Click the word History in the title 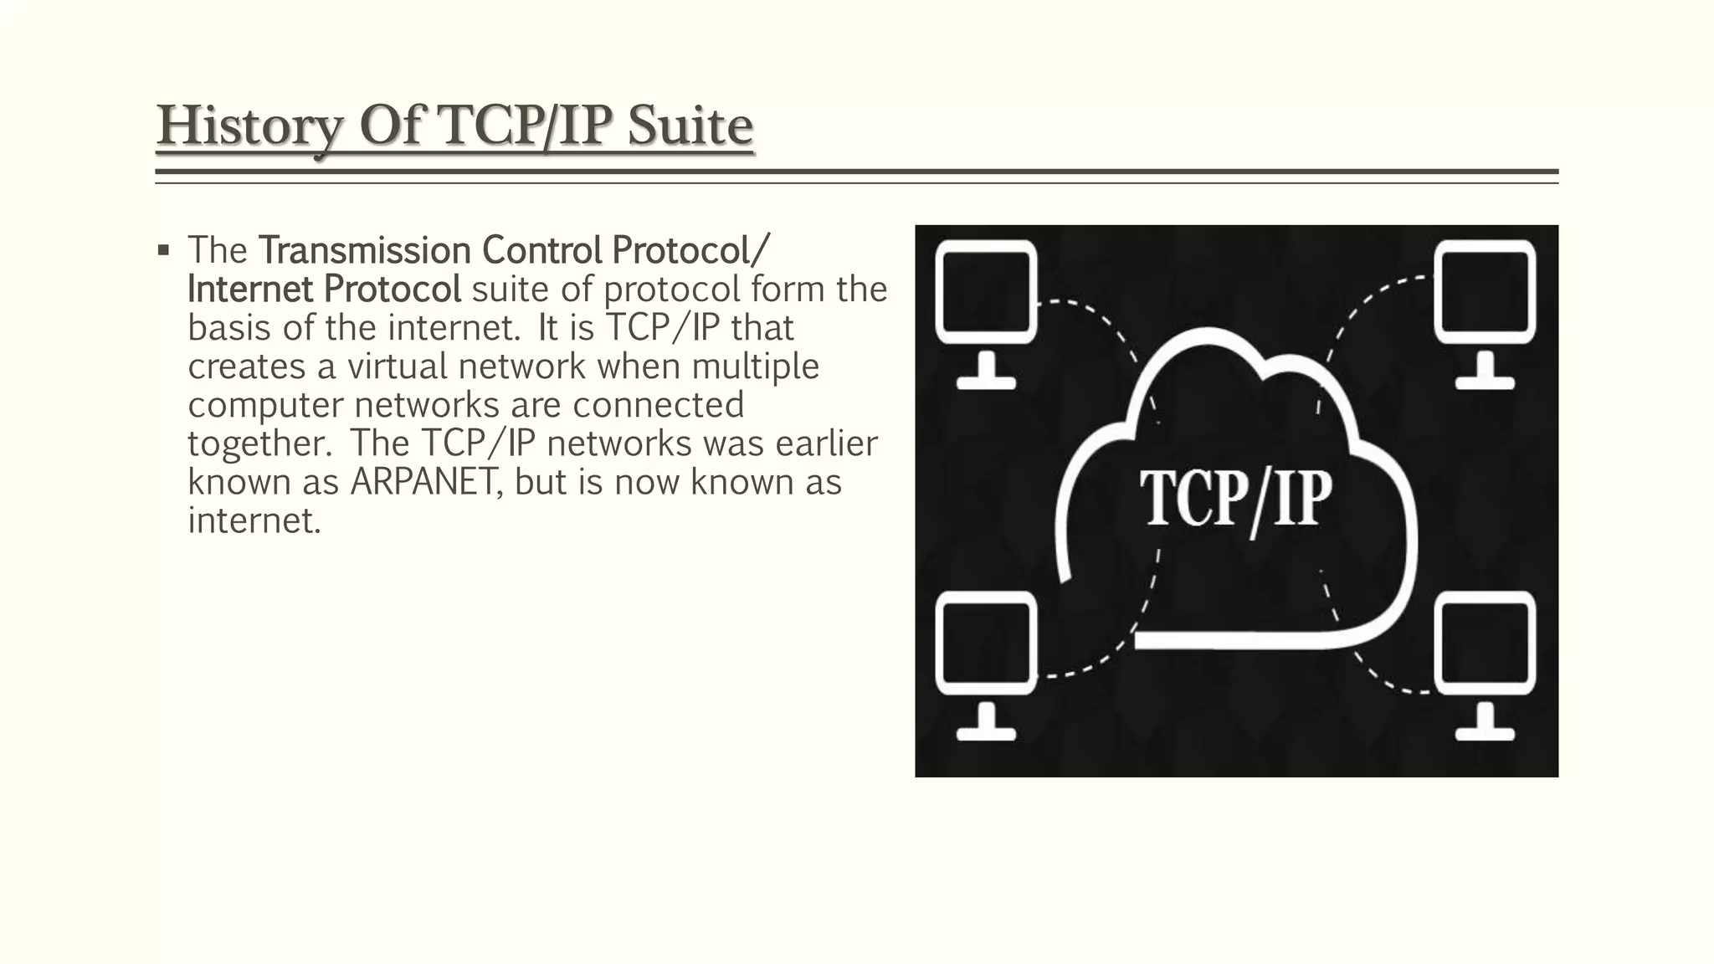[249, 126]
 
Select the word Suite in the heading [690, 126]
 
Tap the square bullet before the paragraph [163, 249]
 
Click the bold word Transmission [365, 249]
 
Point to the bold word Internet [249, 289]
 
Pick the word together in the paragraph [260, 444]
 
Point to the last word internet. [254, 520]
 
